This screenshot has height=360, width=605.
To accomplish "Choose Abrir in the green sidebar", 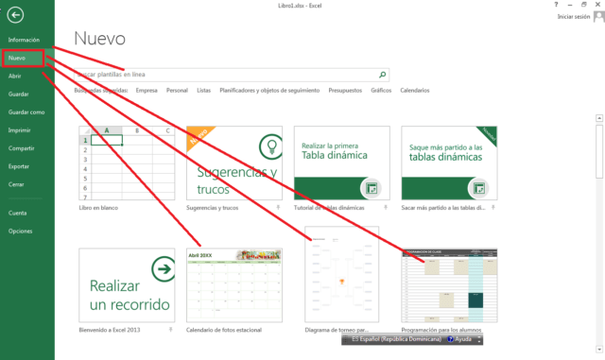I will pos(14,76).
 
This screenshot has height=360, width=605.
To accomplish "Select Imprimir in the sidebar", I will pos(18,129).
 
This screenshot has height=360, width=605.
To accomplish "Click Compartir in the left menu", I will pos(21,147).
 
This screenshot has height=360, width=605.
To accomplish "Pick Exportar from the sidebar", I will pos(18,165).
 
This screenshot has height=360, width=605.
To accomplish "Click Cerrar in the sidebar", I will pos(16,183).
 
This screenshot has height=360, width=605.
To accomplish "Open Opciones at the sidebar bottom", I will pos(20,231).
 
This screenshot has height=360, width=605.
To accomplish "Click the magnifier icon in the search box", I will pos(382,74).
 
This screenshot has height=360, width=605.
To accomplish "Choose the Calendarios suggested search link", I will pos(414,91).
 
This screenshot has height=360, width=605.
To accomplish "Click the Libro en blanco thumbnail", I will pos(124,163).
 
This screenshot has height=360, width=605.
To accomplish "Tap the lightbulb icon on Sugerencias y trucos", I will pos(267,146).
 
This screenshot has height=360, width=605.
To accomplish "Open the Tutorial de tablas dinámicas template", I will pos(340,163).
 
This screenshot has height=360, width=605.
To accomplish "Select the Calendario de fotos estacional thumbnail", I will pos(233,285).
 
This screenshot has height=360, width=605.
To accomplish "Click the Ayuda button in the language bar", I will pos(463,337).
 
